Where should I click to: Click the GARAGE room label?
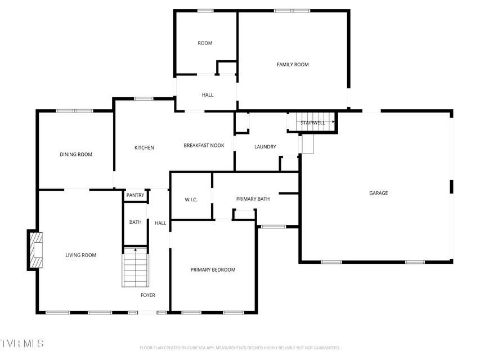378,193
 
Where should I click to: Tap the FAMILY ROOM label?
293,65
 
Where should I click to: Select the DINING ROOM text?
76,155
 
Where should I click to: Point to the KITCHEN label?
144,148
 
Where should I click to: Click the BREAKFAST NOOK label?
204,146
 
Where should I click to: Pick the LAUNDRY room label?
265,147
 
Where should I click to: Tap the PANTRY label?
135,195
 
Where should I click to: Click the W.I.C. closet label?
191,200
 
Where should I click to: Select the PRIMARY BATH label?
253,199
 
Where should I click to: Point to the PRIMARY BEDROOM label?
213,269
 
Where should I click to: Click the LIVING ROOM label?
81,255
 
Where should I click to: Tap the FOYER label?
148,295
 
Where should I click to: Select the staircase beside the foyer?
135,267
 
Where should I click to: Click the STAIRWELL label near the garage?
312,123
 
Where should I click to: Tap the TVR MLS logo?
22,343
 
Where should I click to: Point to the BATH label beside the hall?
135,222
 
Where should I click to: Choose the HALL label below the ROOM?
208,95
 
